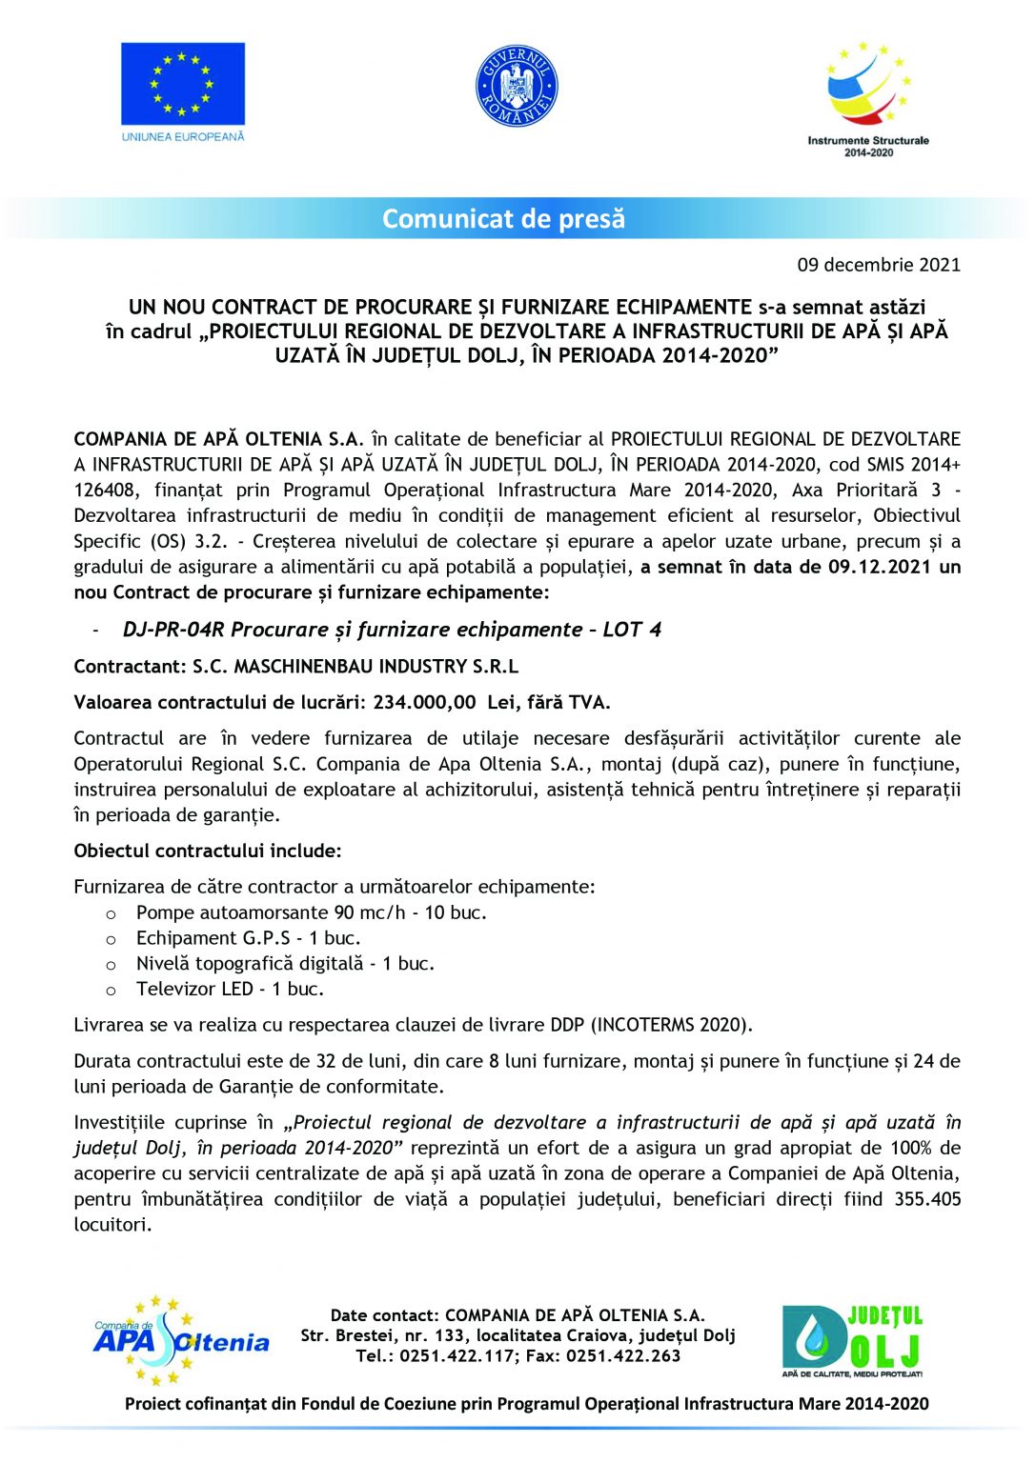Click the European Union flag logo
pos(182,85)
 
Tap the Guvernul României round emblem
pos(516,86)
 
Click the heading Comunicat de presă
pos(503,219)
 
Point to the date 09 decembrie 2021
pos(879,265)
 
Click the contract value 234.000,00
pos(424,703)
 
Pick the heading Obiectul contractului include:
pos(208,851)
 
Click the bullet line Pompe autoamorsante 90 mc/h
pos(311,912)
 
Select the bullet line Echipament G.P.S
pos(248,938)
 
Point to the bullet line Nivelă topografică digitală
pos(285,964)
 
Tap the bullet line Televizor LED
pos(230,990)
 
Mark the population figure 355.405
pos(926,1200)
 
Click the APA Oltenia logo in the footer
pos(180,1339)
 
